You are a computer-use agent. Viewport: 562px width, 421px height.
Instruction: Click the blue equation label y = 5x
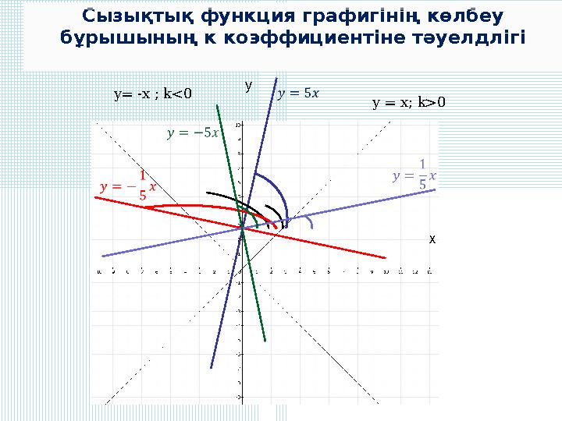(298, 94)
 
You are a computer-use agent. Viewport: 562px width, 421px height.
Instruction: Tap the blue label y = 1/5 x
(414, 175)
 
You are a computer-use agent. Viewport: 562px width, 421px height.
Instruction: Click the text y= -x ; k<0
(152, 95)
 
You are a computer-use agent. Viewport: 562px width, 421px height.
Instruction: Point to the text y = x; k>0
(408, 101)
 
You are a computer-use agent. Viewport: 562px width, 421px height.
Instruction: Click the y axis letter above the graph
(247, 83)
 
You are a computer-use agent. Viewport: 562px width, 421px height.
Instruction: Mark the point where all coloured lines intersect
(242, 228)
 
